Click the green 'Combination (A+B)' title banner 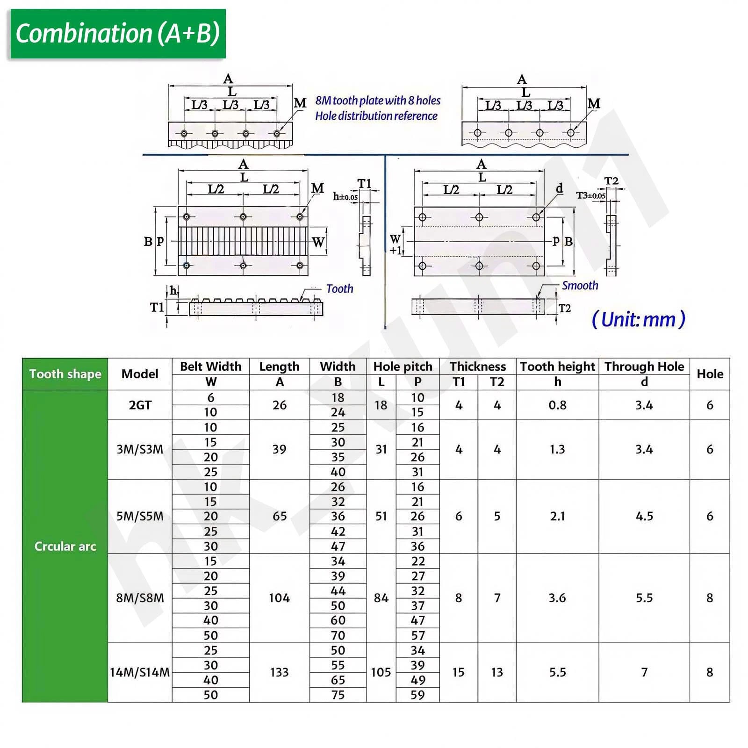(118, 34)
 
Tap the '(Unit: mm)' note (638, 320)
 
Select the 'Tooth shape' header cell (65, 374)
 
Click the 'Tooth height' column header (557, 367)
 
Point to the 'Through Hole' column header (644, 367)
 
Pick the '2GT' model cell (140, 405)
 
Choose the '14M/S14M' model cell (140, 672)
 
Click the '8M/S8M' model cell (140, 598)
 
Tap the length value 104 (279, 598)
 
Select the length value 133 (279, 672)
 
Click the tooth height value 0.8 (557, 405)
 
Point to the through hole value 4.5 (644, 516)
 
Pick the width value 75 (338, 695)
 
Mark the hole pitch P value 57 (417, 635)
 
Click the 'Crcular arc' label (65, 546)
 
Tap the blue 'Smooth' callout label (580, 286)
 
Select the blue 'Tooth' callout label (339, 289)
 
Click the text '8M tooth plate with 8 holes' (378, 101)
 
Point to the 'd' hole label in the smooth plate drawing (559, 188)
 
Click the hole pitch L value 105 (381, 672)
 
